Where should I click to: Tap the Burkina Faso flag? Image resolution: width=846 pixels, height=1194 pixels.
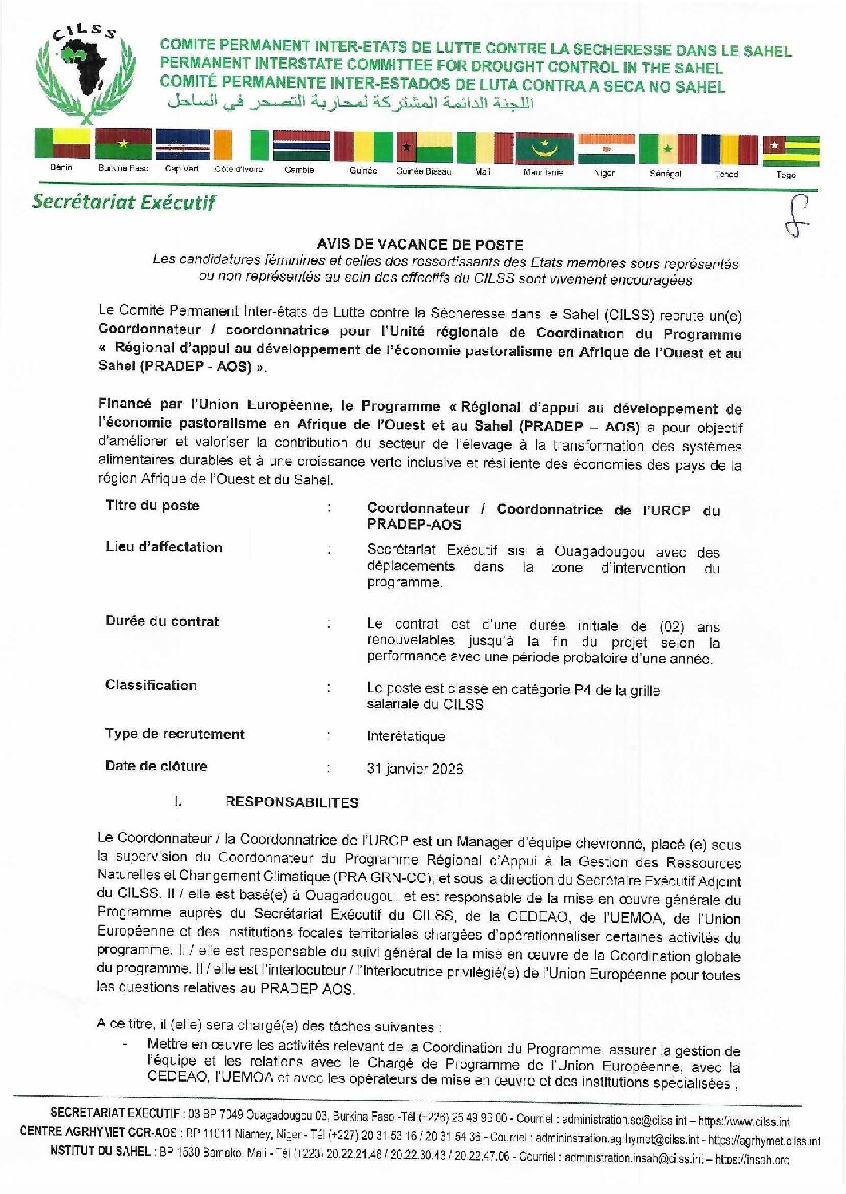pos(123,145)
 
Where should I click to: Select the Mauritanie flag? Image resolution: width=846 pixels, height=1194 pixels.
pos(544,148)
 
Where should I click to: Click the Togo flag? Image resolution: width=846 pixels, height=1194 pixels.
pos(790,151)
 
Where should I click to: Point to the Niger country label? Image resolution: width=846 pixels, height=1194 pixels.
pos(604,172)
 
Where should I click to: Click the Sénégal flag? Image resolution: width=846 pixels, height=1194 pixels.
pos(667,149)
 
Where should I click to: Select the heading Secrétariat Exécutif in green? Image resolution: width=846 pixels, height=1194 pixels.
pos(124,202)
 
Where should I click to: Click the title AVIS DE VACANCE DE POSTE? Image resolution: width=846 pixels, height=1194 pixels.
pos(420,245)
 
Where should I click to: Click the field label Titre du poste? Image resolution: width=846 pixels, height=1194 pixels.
pos(152,506)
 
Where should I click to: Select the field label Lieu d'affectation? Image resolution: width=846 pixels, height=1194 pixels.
pos(164,547)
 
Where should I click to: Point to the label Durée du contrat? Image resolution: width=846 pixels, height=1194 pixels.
pos(162,621)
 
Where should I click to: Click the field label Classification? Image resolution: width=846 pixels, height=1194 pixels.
pos(151,685)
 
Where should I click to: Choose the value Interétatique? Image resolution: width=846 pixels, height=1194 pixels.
pos(405,736)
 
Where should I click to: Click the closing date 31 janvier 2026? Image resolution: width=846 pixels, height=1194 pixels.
pos(414,769)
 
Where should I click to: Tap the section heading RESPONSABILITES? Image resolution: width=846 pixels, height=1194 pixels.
pos(291,802)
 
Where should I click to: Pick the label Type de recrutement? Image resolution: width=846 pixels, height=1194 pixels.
pos(175,734)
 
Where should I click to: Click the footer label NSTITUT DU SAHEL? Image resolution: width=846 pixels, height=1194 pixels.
pos(98,1151)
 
